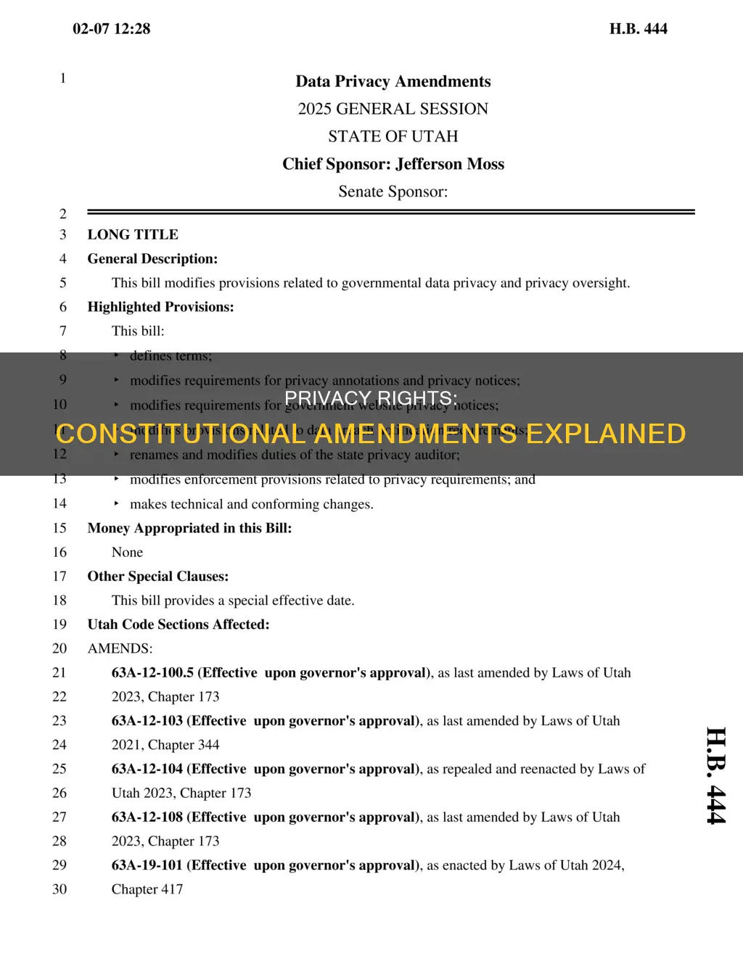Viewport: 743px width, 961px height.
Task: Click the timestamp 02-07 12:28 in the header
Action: [111, 29]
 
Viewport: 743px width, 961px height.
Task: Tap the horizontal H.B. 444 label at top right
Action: [638, 29]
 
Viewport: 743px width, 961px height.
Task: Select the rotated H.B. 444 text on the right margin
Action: [715, 775]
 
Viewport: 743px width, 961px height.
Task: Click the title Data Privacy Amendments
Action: [393, 81]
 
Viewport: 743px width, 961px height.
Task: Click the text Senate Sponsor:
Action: [393, 191]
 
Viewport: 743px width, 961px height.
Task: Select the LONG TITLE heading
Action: [133, 234]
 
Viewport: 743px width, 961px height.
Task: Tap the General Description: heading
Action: [152, 259]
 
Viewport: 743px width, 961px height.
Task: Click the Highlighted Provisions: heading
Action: [160, 307]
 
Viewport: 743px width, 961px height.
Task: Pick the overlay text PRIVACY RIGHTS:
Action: [371, 398]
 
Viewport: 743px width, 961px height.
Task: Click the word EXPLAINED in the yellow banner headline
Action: [605, 434]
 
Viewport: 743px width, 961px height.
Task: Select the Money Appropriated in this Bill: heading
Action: [189, 528]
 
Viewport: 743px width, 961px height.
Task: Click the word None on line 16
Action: [127, 553]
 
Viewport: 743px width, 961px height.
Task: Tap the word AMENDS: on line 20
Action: [120, 648]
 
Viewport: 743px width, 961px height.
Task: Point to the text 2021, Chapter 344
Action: [165, 745]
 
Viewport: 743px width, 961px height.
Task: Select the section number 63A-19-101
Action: [147, 865]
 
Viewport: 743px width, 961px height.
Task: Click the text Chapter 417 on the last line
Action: [147, 889]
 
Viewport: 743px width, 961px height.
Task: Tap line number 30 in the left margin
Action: [59, 889]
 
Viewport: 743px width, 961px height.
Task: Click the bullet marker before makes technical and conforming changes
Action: [116, 503]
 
